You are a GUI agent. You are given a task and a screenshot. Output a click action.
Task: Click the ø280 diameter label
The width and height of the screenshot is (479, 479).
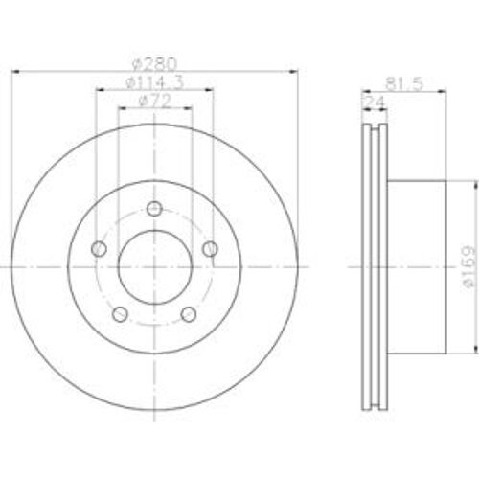point(154,64)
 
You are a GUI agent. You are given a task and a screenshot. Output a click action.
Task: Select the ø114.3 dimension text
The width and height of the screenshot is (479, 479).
point(155,82)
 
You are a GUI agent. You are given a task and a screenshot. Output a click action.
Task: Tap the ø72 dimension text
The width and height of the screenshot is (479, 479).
point(155,101)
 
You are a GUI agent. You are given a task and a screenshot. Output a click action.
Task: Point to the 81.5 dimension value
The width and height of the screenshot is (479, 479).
point(404,83)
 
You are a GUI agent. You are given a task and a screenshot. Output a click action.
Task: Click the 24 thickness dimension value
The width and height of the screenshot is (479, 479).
point(375,102)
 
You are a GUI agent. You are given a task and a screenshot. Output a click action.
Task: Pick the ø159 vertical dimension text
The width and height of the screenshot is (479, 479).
point(468,267)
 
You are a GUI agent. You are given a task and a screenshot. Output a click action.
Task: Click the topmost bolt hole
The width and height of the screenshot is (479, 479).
point(155,209)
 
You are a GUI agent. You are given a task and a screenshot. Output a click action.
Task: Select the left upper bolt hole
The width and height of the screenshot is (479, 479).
point(99,249)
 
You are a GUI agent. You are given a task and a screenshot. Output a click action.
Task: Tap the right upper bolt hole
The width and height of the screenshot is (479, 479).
point(211,249)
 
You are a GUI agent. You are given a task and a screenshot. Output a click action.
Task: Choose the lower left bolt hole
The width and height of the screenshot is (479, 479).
point(121,314)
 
